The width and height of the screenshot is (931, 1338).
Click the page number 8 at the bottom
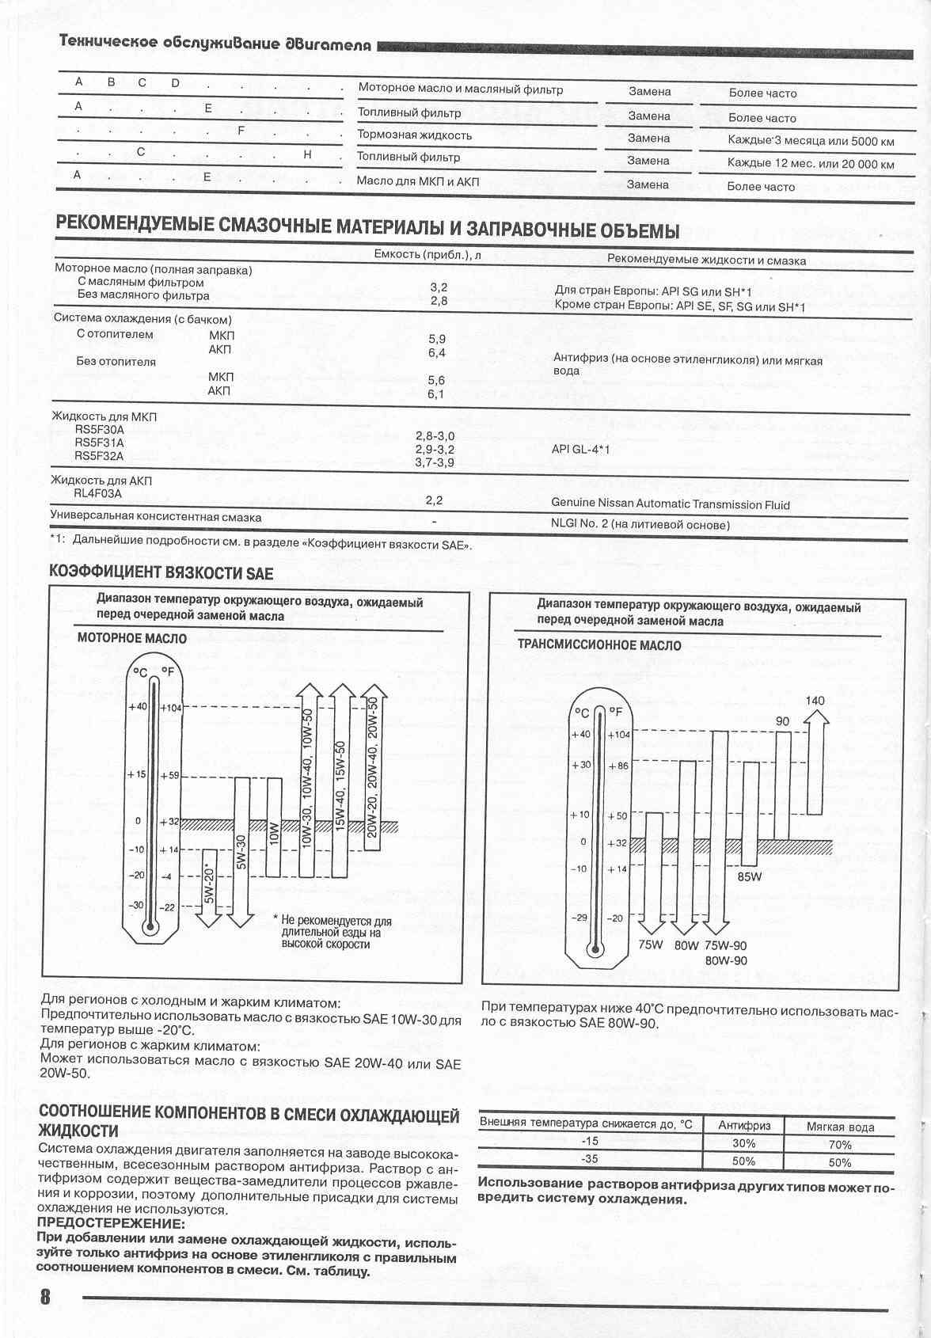pos(44,1298)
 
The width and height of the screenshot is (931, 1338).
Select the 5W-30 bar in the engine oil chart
pos(241,851)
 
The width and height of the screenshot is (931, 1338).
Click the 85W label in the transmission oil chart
pos(749,877)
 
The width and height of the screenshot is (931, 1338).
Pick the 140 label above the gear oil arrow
pos(815,701)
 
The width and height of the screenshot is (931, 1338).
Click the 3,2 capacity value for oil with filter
pos(439,287)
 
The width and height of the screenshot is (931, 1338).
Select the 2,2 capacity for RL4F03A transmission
pos(434,500)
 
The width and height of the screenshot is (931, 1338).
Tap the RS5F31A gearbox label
pos(99,443)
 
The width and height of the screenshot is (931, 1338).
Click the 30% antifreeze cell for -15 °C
pos(743,1143)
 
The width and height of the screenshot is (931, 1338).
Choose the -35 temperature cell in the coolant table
pos(589,1158)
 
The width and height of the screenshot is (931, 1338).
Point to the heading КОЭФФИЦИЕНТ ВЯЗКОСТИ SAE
pos(161,572)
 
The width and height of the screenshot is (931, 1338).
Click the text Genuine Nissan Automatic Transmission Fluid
pos(670,504)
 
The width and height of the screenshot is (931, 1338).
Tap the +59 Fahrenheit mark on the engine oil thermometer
pos(170,775)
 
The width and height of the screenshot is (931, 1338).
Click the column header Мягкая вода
pos(839,1127)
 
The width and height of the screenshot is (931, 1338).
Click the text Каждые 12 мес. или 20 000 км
pos(810,164)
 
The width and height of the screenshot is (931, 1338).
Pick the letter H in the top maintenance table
pos(307,155)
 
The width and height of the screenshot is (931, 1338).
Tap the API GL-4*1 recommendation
pos(581,450)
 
